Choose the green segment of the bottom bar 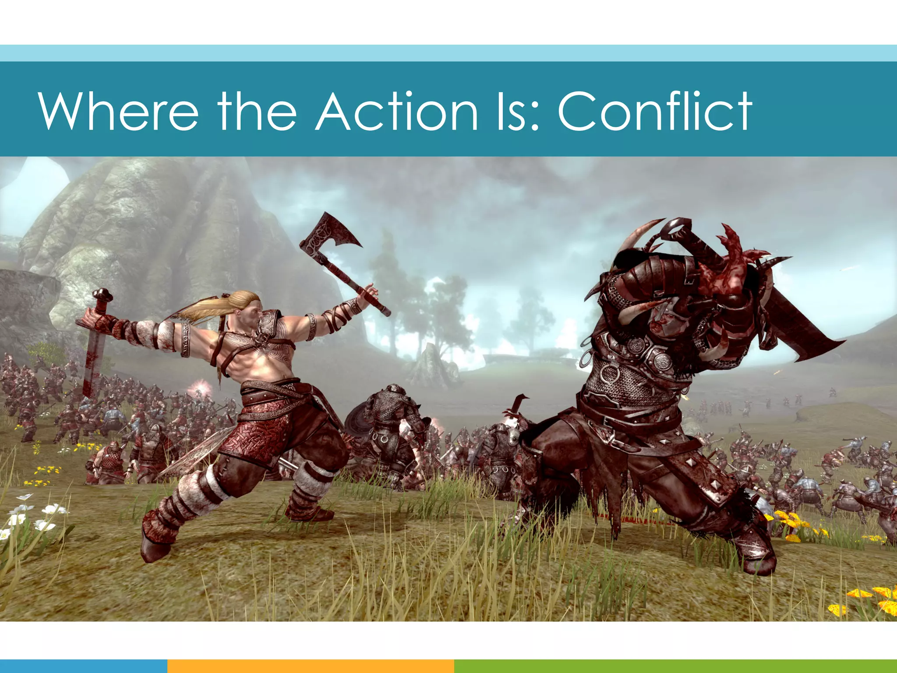[x=675, y=666]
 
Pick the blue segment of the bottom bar [x=83, y=666]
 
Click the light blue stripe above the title [x=448, y=53]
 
